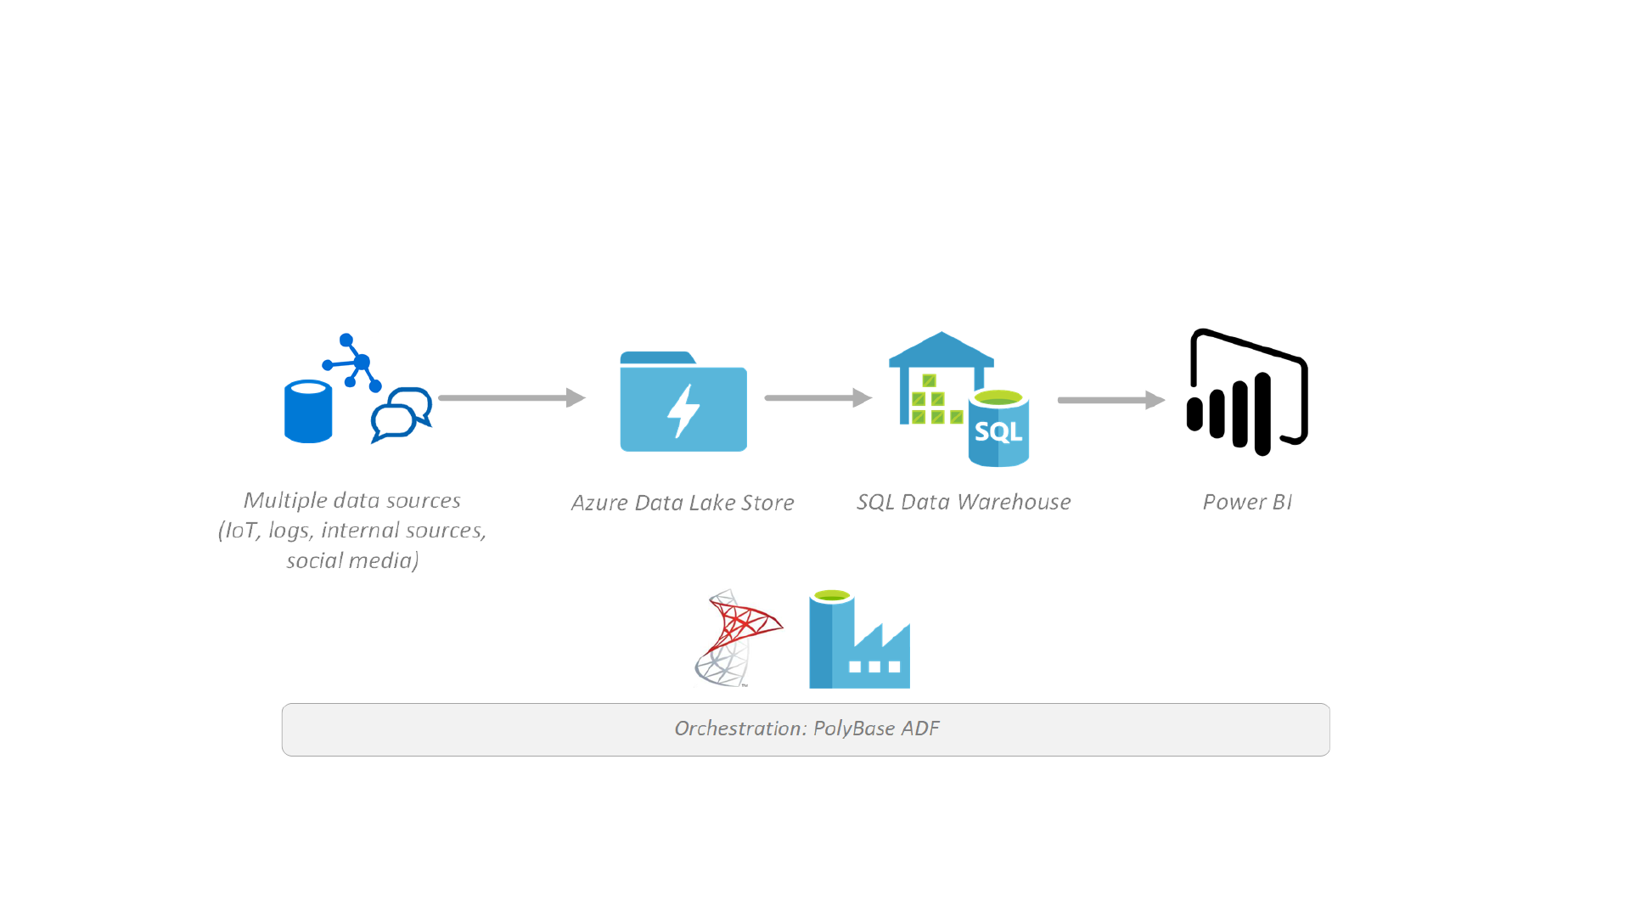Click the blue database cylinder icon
click(x=307, y=412)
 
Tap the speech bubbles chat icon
click(x=402, y=414)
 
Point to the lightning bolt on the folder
click(x=683, y=411)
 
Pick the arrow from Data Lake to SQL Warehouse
click(x=818, y=397)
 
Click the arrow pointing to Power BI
click(x=1110, y=400)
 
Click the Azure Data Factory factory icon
click(x=859, y=640)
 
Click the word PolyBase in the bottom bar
click(x=854, y=729)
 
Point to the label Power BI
click(x=1247, y=502)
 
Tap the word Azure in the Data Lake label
click(x=599, y=503)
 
